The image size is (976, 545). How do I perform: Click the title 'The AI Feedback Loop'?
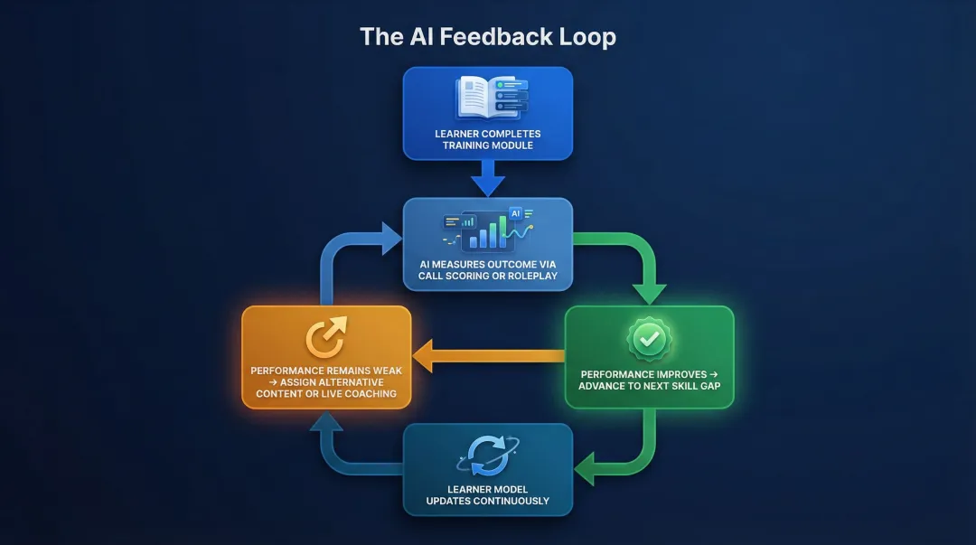pyautogui.click(x=488, y=37)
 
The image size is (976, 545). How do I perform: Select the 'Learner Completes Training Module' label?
pyautogui.click(x=488, y=140)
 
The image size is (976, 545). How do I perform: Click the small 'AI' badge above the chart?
pyautogui.click(x=516, y=213)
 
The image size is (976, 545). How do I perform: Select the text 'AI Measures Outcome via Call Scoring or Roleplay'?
pyautogui.click(x=488, y=269)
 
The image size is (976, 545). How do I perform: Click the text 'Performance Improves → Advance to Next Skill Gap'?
pyautogui.click(x=649, y=379)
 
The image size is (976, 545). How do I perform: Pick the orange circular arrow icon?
pyautogui.click(x=326, y=339)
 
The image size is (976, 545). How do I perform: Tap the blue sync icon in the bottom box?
pyautogui.click(x=488, y=454)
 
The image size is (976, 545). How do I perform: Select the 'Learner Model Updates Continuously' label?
pyautogui.click(x=488, y=494)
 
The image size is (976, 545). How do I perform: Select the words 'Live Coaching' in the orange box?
pyautogui.click(x=360, y=393)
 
